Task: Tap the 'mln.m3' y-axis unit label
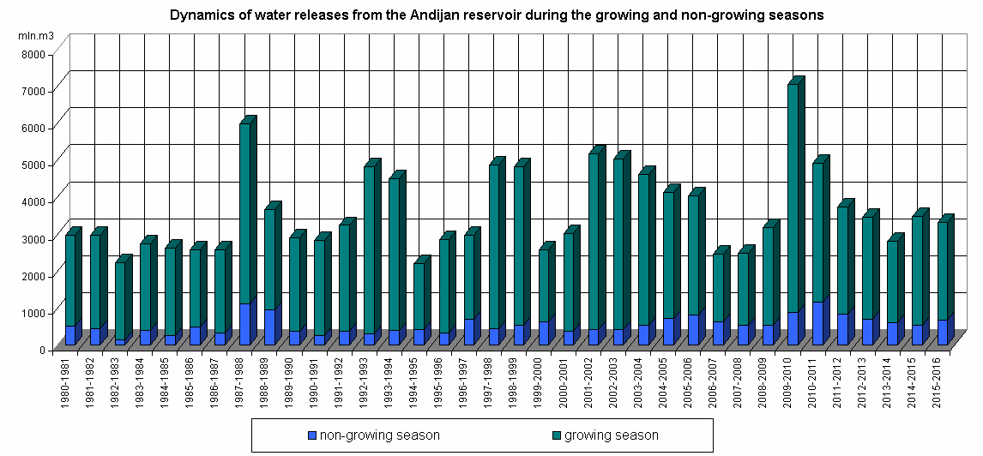[35, 35]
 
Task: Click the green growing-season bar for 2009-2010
[793, 197]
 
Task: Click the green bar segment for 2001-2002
[594, 241]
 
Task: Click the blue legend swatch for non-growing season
[313, 435]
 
